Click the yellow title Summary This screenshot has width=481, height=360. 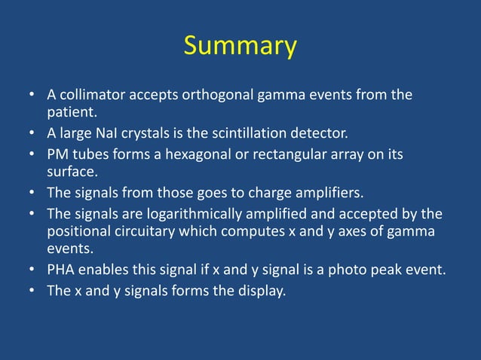240,47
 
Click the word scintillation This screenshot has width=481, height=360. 261,135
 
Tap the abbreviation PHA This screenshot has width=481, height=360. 61,271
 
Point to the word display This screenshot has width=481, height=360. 260,291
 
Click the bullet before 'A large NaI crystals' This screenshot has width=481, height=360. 33,135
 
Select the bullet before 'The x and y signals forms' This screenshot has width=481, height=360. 33,291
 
